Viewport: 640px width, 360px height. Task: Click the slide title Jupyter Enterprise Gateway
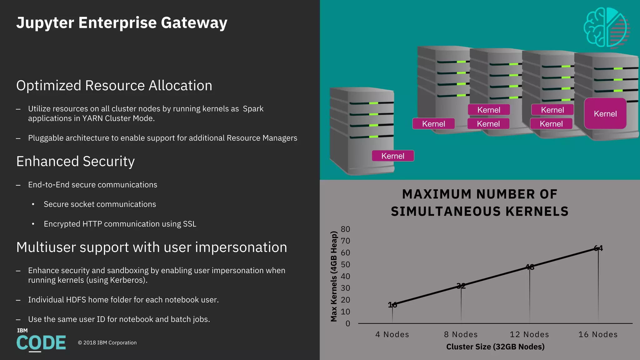122,23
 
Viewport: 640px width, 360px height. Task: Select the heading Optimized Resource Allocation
114,86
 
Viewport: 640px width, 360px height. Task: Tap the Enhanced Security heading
75,162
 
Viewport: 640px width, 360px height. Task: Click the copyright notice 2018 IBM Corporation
107,343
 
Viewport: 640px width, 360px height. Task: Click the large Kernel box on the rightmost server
605,114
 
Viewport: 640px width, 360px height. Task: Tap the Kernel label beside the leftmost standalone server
393,156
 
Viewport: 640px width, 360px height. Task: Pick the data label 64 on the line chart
598,248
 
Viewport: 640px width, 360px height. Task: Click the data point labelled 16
392,305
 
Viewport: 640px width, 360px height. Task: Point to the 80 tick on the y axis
345,229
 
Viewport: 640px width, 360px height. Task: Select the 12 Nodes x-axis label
529,334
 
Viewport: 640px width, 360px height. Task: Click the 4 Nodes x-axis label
392,334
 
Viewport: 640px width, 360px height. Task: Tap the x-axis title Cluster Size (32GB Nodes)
495,347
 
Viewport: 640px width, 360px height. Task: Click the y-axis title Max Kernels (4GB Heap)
334,276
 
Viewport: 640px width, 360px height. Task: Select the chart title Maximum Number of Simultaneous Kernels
480,203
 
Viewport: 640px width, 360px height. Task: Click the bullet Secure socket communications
100,204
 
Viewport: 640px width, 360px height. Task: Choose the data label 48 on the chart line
530,267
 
